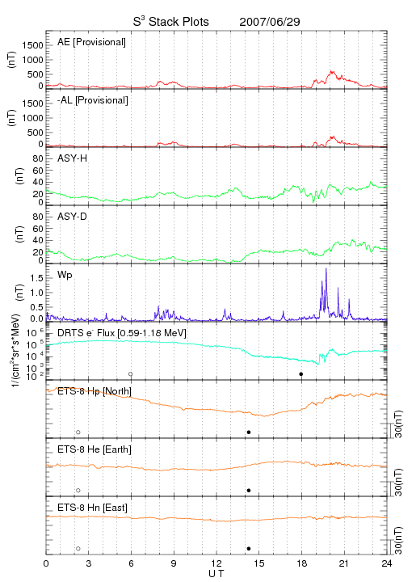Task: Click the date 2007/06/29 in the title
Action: coord(270,22)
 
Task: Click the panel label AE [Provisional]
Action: coord(91,42)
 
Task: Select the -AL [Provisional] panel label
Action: coord(93,100)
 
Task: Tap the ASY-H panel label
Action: coord(73,158)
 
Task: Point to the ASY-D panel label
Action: coord(73,217)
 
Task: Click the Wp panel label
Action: coord(65,276)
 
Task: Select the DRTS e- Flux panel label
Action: coord(122,333)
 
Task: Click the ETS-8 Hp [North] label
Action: coord(95,391)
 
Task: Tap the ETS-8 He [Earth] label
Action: coord(95,449)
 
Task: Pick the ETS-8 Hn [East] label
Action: coord(92,508)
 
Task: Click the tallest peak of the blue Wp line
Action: coord(326,268)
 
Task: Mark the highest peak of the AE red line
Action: coord(331,71)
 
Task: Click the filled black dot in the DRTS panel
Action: coord(301,374)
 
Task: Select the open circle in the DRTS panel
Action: coord(131,374)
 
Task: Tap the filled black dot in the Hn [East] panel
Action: coord(249,549)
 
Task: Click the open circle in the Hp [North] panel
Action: coord(78,432)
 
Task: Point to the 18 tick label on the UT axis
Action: coord(302,563)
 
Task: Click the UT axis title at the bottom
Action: coord(216,574)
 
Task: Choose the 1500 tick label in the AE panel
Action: coord(32,45)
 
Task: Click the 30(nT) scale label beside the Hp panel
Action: coord(398,424)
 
